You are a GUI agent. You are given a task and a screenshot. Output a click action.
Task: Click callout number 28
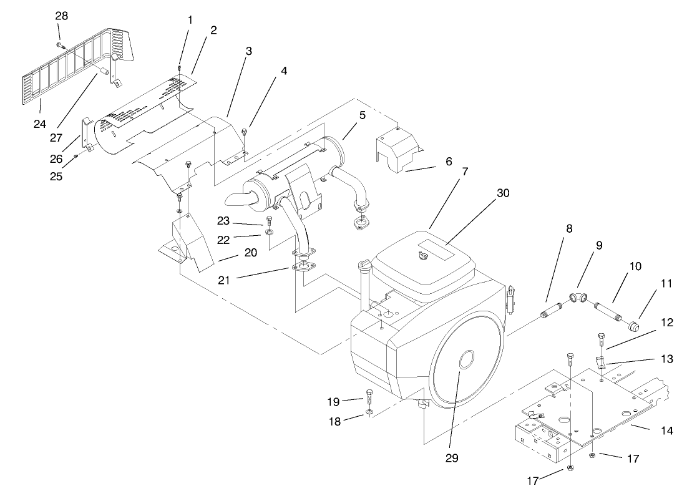61,16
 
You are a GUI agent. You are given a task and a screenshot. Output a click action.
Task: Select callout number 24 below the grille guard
39,124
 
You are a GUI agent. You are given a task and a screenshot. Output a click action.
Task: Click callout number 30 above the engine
503,193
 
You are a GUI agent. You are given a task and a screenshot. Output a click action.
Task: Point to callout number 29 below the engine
452,458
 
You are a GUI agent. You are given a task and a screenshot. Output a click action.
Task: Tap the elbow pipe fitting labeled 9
578,299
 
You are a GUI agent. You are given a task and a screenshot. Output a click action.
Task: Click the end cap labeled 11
635,325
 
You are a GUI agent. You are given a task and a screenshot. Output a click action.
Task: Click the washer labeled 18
369,412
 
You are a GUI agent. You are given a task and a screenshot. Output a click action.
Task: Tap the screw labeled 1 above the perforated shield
179,67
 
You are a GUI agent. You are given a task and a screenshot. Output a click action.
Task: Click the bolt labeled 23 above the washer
269,220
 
